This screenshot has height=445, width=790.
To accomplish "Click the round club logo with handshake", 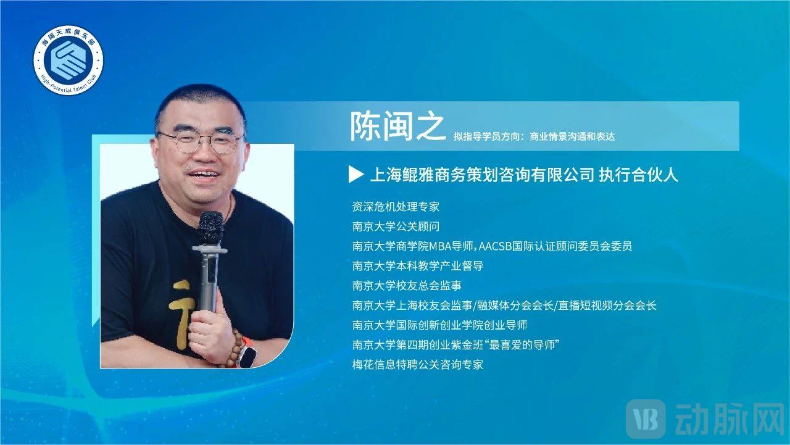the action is [69, 60].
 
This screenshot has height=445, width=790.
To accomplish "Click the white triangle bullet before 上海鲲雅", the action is [356, 174].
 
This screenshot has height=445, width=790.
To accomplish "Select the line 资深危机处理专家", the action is [396, 207].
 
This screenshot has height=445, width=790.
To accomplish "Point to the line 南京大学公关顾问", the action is [396, 227].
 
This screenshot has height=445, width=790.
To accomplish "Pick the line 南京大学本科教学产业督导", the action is [418, 266].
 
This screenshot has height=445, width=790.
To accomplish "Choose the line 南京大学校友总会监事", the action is [407, 286].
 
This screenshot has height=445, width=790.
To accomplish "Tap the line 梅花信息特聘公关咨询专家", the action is [418, 365].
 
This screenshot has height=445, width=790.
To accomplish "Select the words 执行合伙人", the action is [638, 175].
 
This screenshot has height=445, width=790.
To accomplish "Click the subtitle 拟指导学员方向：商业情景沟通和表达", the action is [534, 136].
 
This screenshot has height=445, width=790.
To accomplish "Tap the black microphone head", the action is [210, 229].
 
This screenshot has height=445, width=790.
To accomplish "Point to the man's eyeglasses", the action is [201, 141].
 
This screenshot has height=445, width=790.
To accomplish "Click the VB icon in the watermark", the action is [646, 419].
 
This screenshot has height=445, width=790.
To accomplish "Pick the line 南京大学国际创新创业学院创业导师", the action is [439, 325].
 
